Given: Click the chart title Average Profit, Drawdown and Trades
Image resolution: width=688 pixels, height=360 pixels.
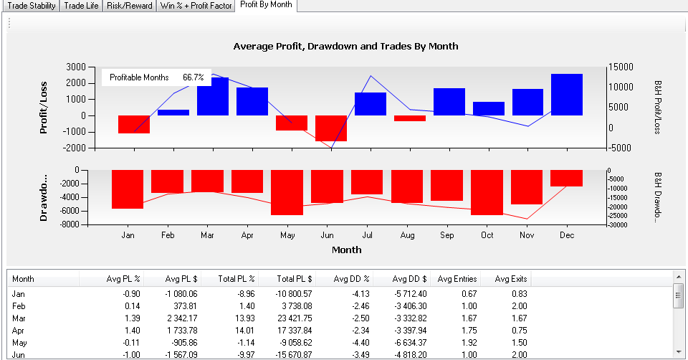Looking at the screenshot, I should click(x=345, y=46).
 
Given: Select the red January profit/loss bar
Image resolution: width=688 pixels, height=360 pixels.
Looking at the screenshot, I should click(x=134, y=124).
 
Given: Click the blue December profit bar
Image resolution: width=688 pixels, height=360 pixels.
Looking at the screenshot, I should click(x=566, y=94).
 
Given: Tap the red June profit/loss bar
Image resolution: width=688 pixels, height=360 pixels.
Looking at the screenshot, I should click(x=331, y=128).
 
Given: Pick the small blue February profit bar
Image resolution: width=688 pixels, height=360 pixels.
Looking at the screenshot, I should click(x=173, y=113).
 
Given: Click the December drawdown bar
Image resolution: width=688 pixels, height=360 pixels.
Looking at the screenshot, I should click(x=566, y=178).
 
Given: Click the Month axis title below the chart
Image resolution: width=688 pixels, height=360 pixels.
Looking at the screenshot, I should click(x=346, y=250).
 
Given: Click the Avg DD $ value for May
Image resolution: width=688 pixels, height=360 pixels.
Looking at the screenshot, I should click(x=411, y=343).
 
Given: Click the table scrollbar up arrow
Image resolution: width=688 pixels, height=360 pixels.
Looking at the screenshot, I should click(x=678, y=275).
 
